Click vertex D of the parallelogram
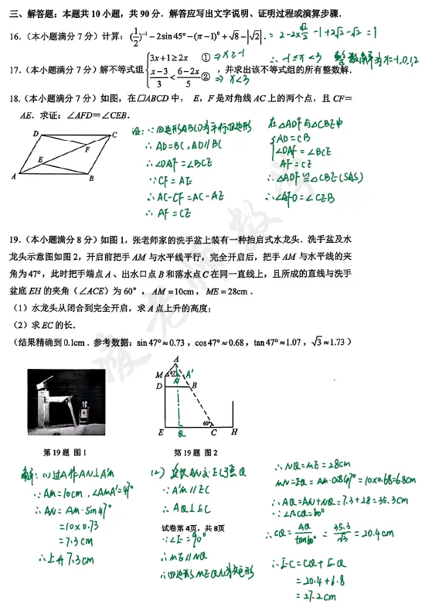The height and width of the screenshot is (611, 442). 36,134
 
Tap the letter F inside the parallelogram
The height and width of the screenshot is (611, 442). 87,148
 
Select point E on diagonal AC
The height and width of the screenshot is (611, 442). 40,160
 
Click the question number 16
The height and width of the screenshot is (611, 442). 15,36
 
